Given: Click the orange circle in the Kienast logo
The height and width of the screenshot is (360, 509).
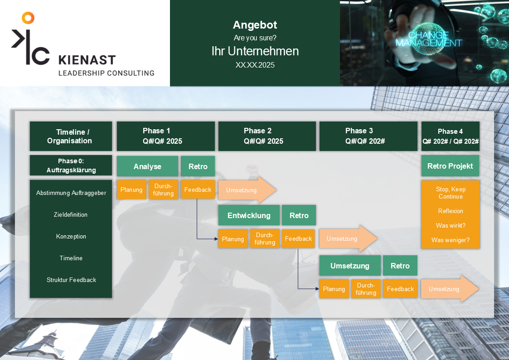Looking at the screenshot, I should [28, 18].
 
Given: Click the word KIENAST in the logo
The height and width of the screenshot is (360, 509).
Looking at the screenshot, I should [87, 60].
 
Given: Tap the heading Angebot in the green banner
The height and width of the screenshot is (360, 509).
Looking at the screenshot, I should [255, 25].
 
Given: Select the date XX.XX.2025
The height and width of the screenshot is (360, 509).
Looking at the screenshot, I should [255, 65].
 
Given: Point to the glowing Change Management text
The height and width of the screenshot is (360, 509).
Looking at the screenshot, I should [428, 39].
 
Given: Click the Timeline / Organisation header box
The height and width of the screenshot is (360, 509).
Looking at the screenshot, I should [71, 136].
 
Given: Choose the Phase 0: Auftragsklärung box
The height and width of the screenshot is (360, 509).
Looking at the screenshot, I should [71, 165].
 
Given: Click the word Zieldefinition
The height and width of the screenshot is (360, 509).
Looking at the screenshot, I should [71, 214].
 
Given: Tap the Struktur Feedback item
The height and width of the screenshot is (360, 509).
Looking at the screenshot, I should [71, 280].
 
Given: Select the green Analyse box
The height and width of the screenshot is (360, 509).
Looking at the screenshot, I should [147, 166].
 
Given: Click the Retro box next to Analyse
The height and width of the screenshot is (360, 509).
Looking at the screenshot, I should [198, 166].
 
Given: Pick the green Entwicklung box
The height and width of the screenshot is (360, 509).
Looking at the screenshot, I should [249, 215].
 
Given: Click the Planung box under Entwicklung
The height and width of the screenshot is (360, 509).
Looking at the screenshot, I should [233, 239].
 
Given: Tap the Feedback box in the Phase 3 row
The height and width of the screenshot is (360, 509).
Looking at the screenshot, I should [400, 289].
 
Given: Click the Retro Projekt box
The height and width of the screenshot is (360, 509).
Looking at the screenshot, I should [450, 166].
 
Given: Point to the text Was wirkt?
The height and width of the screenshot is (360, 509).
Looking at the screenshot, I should [451, 225].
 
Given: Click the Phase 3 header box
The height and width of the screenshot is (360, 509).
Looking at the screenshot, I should [368, 136].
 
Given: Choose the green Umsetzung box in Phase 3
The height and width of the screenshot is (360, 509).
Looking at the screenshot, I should [349, 266].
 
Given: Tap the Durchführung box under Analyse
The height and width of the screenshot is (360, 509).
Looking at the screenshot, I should [163, 190].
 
